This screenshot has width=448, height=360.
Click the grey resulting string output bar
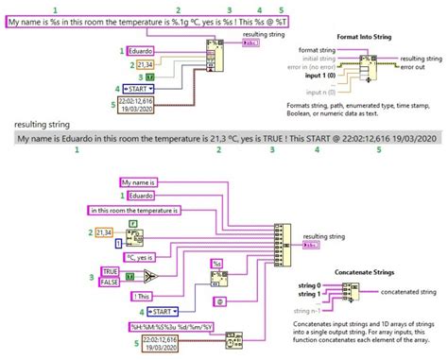click(223, 138)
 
